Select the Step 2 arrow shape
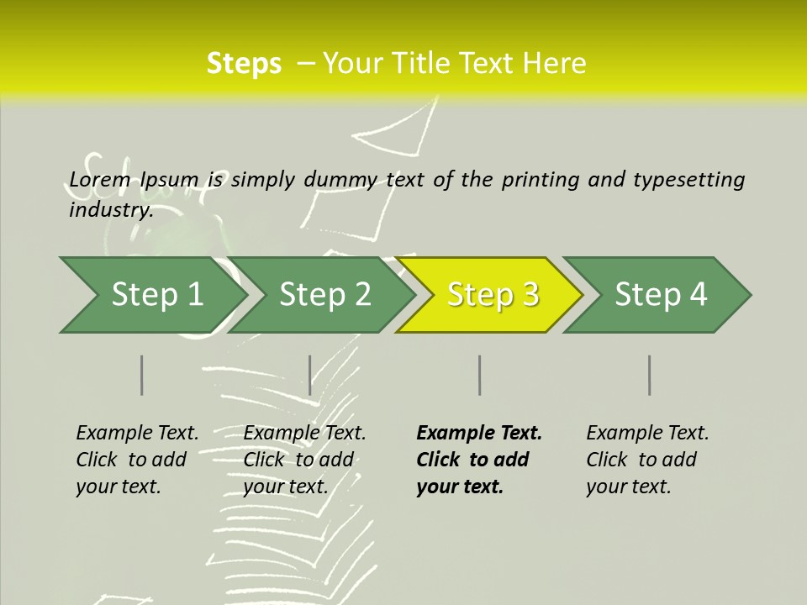pyautogui.click(x=324, y=295)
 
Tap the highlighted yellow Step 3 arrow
pyautogui.click(x=493, y=295)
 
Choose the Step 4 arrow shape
pyautogui.click(x=661, y=295)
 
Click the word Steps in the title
pyautogui.click(x=244, y=64)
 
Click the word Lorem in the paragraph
pyautogui.click(x=100, y=180)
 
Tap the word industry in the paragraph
pyautogui.click(x=111, y=210)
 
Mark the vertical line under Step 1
pyautogui.click(x=142, y=375)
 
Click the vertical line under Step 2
pyautogui.click(x=310, y=375)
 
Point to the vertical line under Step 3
pyautogui.click(x=479, y=375)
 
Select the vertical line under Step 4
pyautogui.click(x=649, y=375)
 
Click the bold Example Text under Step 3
pyautogui.click(x=479, y=434)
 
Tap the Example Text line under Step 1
pyautogui.click(x=137, y=434)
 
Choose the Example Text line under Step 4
pyautogui.click(x=647, y=434)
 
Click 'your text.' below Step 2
pyautogui.click(x=286, y=487)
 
